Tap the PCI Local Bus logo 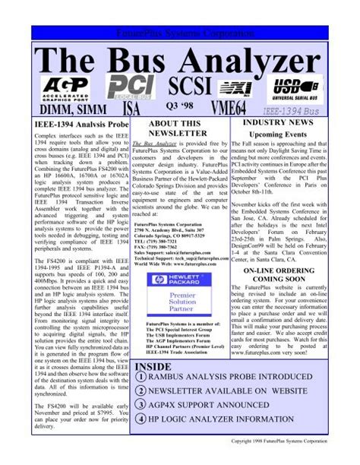(x=130, y=87)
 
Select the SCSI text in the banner (x=193, y=85)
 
